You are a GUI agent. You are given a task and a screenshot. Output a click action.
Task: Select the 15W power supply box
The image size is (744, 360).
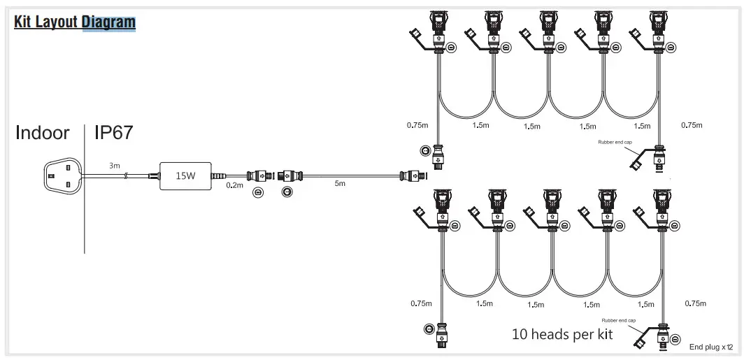click(x=185, y=175)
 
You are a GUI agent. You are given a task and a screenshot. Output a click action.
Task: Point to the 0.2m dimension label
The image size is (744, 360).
click(x=234, y=186)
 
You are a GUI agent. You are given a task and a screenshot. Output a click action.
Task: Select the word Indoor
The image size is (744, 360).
click(x=43, y=132)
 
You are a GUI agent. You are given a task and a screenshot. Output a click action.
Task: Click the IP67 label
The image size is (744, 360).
click(x=113, y=132)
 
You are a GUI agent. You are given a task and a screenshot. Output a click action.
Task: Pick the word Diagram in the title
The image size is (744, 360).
click(x=108, y=22)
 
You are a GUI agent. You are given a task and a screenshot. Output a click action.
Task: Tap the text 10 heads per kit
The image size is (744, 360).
click(x=562, y=334)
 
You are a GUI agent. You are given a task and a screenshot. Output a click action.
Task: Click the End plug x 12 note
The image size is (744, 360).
click(x=711, y=347)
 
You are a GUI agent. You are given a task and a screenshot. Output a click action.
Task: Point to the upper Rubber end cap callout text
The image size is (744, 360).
click(x=615, y=142)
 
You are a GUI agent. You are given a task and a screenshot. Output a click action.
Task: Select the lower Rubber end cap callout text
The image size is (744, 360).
click(x=614, y=320)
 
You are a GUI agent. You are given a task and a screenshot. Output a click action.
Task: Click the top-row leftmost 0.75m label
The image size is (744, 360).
click(x=417, y=126)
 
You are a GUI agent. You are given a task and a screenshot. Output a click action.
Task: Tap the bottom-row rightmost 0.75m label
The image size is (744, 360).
click(x=695, y=303)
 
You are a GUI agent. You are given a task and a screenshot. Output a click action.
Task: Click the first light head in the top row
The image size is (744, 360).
click(x=441, y=31)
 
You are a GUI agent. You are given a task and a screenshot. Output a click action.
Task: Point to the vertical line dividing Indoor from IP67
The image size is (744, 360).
click(x=85, y=189)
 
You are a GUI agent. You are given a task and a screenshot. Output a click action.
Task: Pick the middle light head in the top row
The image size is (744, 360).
click(x=550, y=31)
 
